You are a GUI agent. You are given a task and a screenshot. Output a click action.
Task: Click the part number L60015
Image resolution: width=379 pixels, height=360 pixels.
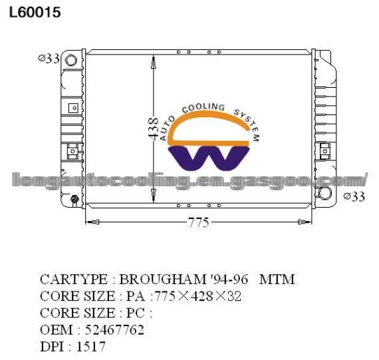click(35, 12)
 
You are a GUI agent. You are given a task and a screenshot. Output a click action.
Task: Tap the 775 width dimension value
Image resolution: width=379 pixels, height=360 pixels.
click(198, 222)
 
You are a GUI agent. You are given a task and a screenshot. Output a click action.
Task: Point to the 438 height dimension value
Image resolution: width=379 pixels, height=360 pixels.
click(153, 128)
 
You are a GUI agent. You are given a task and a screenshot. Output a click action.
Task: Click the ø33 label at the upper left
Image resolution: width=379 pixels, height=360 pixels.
click(49, 59)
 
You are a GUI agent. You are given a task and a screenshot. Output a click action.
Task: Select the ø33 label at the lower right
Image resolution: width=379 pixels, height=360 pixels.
click(354, 196)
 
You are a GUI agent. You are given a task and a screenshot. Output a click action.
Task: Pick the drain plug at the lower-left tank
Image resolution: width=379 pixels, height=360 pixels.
click(74, 200)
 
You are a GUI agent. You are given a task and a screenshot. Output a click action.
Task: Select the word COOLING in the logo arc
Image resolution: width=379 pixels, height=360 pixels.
click(203, 108)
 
